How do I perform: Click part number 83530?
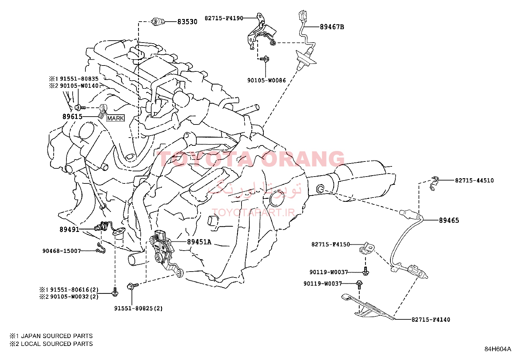[187, 22]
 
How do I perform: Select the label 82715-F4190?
[224, 18]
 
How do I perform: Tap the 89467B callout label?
[332, 27]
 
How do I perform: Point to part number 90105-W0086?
[266, 80]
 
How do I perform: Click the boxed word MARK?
[116, 118]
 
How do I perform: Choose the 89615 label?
[72, 116]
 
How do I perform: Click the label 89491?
[69, 230]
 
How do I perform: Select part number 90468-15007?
[62, 251]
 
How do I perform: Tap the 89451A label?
[199, 242]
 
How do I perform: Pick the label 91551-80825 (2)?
[138, 308]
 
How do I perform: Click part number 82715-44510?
[474, 180]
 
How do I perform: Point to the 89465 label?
[449, 220]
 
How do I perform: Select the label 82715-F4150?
[331, 244]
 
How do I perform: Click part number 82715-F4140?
[431, 319]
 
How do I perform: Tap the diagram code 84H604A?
[498, 349]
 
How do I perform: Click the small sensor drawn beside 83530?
[158, 22]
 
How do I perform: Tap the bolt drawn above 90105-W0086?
[265, 59]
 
